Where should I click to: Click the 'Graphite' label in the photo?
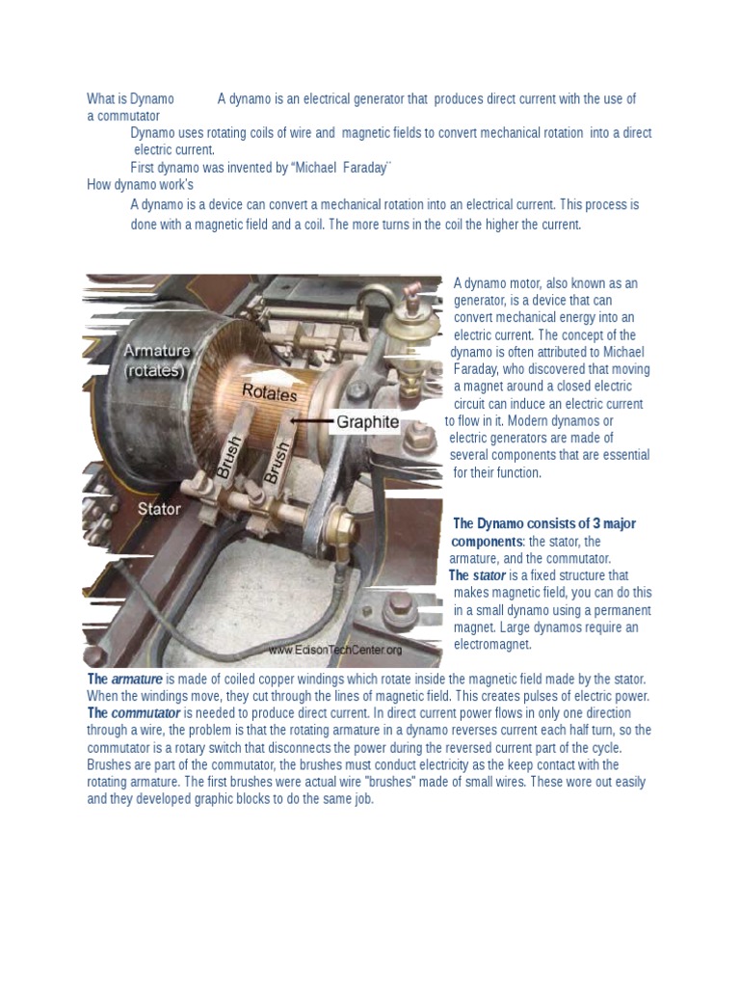(367, 422)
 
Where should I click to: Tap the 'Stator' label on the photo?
(159, 508)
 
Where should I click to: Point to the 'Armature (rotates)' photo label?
(157, 360)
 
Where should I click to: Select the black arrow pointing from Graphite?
(309, 421)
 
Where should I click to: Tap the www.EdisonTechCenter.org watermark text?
(334, 651)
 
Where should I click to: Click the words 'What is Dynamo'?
(130, 98)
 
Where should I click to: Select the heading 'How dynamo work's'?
(140, 185)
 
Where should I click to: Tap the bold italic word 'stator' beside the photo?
(489, 575)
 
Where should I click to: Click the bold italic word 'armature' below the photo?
(137, 679)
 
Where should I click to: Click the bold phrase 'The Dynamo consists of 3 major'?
(544, 523)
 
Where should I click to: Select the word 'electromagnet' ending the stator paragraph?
(492, 645)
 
